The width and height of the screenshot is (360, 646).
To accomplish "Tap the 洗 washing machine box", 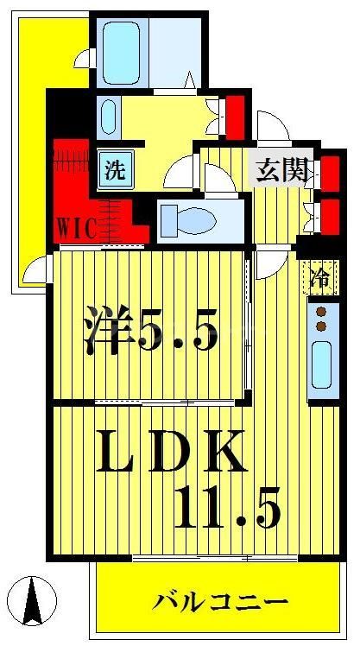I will (114, 169).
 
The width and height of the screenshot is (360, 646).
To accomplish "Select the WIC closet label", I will (77, 227).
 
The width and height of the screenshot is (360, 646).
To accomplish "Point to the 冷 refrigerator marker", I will (319, 277).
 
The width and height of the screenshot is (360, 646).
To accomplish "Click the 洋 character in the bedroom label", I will (107, 332).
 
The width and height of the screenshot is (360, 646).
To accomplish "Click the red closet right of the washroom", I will (234, 116).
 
